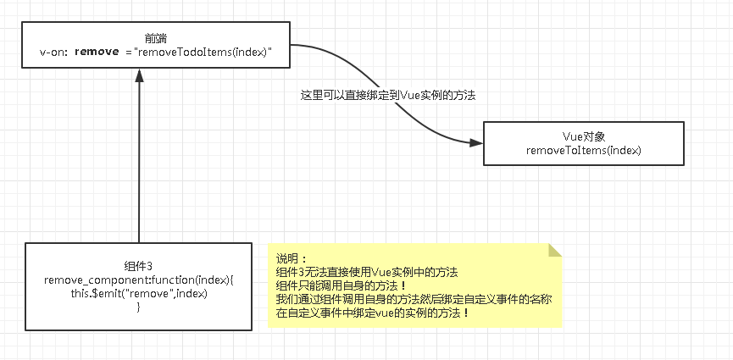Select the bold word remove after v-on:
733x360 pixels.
click(97, 52)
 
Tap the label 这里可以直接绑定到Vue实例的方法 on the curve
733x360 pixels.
click(388, 96)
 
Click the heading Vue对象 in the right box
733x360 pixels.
click(583, 136)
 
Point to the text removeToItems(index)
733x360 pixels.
click(583, 150)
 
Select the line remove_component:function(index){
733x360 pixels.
click(138, 280)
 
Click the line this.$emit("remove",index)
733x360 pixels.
click(138, 293)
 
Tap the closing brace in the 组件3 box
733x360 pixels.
click(138, 307)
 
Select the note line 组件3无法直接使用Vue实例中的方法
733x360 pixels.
click(367, 272)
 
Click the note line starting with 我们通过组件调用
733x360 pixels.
click(414, 299)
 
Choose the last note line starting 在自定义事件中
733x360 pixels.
click(373, 313)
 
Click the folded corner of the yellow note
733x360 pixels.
click(556, 251)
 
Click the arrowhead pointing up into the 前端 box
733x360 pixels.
click(140, 76)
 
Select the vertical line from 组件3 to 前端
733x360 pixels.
click(140, 161)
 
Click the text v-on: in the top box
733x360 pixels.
click(53, 52)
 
